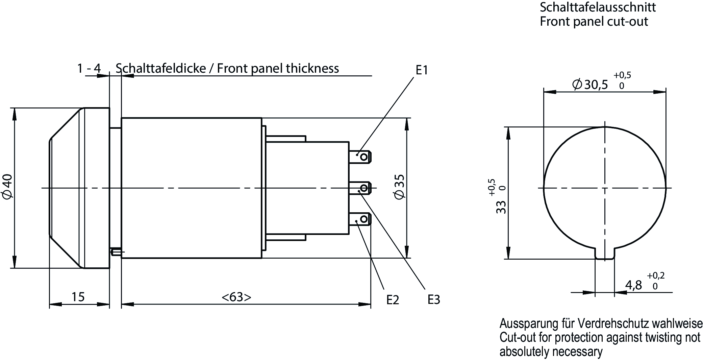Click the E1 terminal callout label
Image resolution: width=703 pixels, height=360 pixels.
(x=422, y=70)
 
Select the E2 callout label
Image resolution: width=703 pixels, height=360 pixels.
(x=393, y=300)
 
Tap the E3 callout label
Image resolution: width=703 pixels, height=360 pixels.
(x=434, y=300)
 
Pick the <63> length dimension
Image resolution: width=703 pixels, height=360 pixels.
(x=236, y=297)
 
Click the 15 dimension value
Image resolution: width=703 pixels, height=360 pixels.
(x=78, y=297)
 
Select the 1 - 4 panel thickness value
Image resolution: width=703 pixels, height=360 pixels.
(x=89, y=69)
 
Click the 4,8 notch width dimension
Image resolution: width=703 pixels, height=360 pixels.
(x=633, y=285)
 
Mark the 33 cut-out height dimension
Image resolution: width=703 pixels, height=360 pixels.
(x=501, y=207)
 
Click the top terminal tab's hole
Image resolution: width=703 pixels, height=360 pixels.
(x=364, y=157)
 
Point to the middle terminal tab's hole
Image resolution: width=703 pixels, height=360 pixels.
(x=364, y=188)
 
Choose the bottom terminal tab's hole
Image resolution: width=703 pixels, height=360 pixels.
(x=364, y=219)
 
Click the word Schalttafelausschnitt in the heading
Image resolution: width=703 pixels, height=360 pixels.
(x=598, y=7)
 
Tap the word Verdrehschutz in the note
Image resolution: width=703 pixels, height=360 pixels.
(x=613, y=323)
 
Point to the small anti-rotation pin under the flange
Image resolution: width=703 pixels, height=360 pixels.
(x=116, y=251)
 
